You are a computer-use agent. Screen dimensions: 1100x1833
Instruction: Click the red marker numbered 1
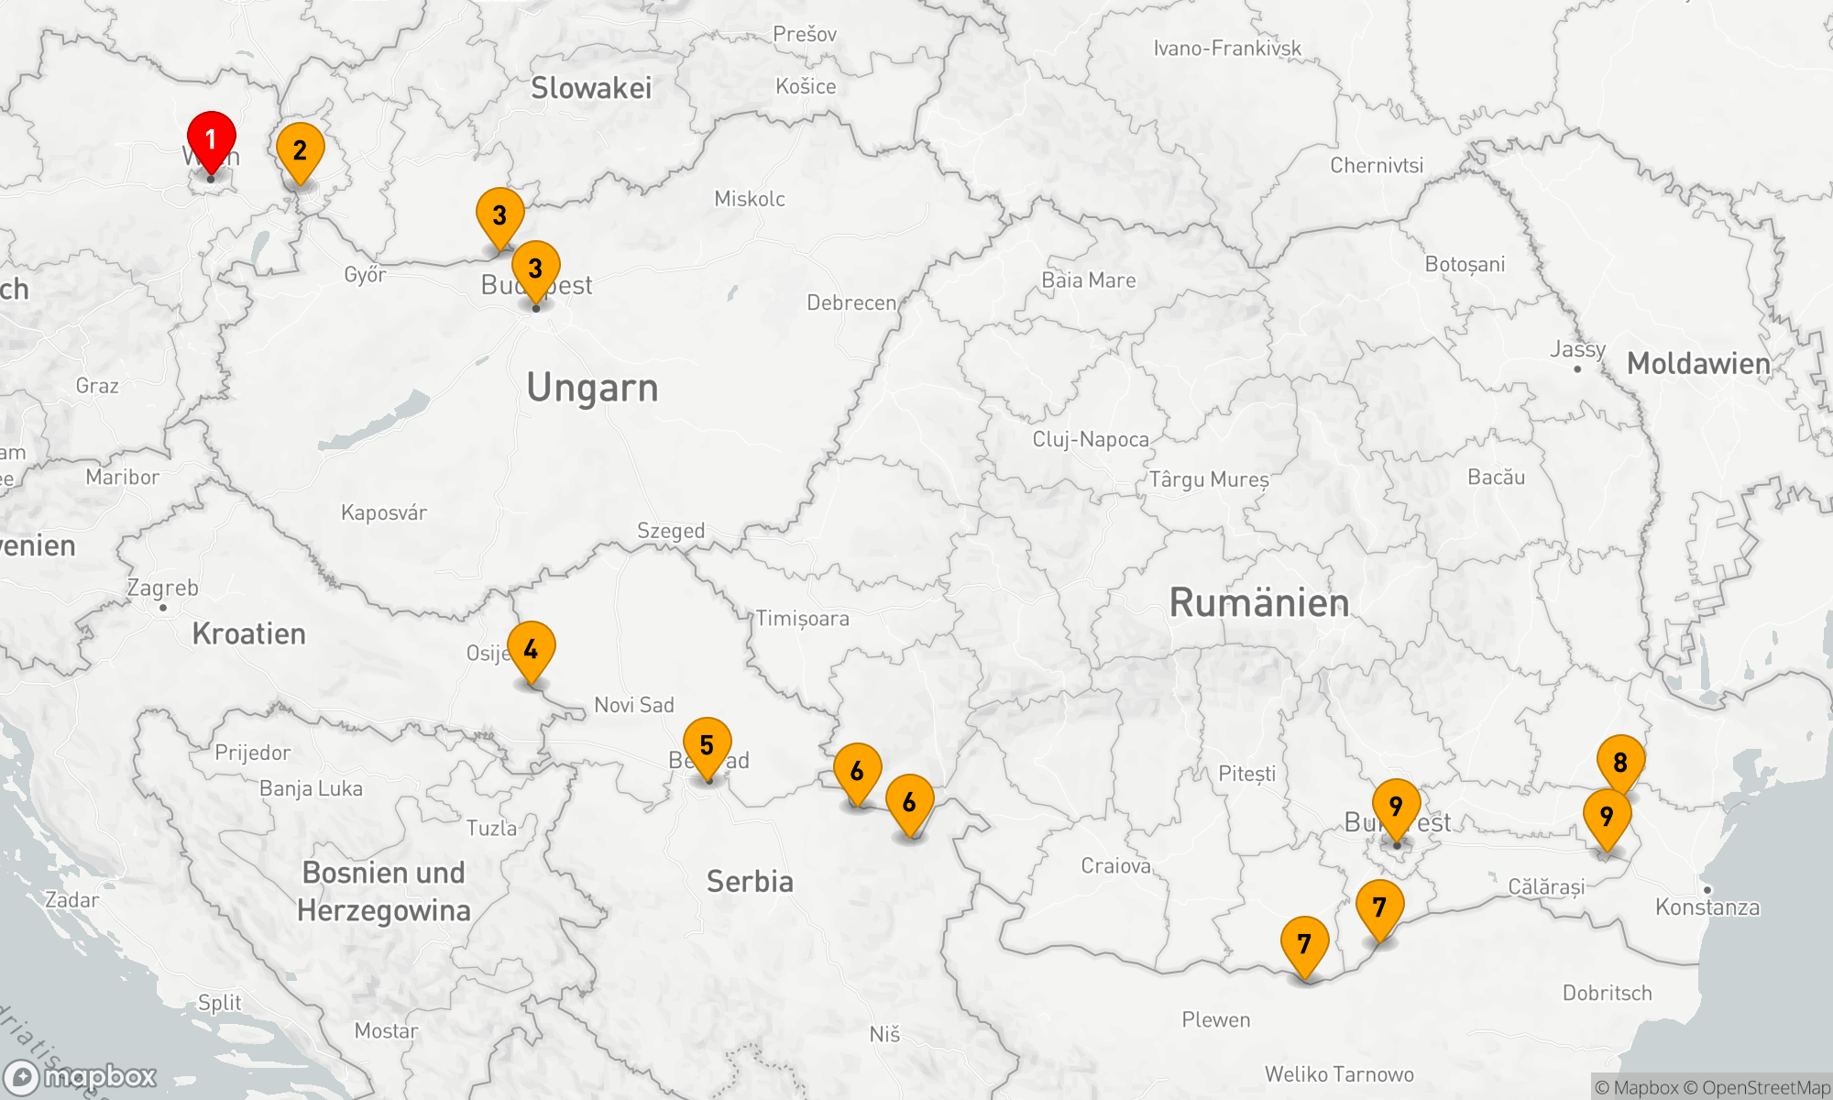click(211, 140)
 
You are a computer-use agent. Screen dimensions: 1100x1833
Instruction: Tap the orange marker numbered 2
click(300, 151)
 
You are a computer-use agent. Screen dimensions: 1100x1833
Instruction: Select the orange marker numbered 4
click(531, 650)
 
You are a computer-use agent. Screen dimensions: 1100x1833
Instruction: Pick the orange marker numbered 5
click(707, 746)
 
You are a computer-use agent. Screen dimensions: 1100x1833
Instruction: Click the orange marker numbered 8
click(1620, 763)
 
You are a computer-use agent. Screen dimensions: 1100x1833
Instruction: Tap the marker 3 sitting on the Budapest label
click(535, 269)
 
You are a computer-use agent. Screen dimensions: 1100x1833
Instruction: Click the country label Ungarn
click(592, 388)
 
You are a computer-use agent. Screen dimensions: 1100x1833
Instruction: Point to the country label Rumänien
click(1259, 603)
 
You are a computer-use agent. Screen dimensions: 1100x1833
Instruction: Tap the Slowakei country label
click(591, 88)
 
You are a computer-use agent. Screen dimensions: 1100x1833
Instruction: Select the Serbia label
click(750, 882)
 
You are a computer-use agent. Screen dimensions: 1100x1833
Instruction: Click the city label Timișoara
click(802, 619)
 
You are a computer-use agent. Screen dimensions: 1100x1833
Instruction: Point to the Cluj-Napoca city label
click(1091, 439)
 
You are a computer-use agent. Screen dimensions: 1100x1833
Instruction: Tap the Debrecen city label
click(851, 302)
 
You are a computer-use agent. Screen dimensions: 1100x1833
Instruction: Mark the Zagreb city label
click(162, 588)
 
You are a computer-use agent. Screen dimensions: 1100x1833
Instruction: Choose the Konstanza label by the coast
click(1707, 907)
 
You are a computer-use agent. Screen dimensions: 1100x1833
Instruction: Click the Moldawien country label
click(1698, 364)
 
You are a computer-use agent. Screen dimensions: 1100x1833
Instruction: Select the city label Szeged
click(671, 531)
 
